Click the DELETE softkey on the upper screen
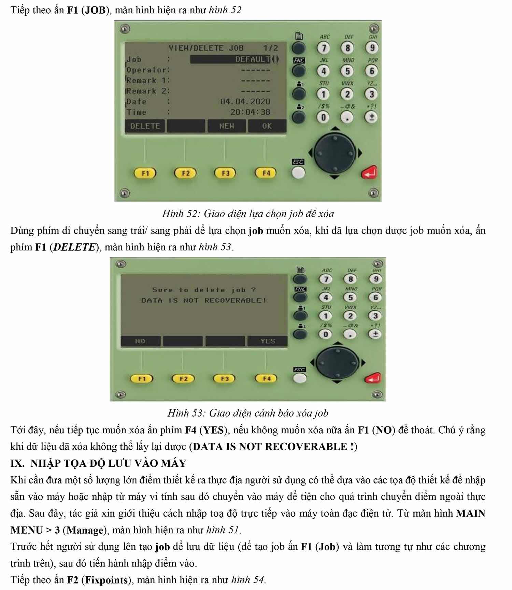145,126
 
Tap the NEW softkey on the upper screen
227,126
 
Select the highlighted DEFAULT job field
231,59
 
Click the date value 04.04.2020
245,101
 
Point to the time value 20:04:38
250,112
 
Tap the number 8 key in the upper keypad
347,48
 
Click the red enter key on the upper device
369,172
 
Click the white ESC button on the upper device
298,173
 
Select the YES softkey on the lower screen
268,341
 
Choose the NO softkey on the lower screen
140,341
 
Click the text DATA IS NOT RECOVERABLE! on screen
204,300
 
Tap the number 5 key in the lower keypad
350,297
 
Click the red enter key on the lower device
372,378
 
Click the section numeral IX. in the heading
17,463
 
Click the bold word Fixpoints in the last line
106,580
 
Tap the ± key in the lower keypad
375,334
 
